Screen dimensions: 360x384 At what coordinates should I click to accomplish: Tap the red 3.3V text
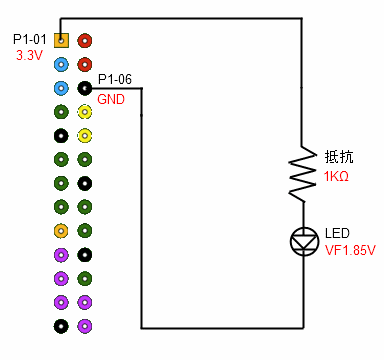(x=29, y=56)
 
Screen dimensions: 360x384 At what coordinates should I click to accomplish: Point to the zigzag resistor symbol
(x=302, y=169)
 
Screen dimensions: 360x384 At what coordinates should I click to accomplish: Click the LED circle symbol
(x=302, y=240)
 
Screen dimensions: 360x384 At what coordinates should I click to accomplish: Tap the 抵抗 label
(x=338, y=158)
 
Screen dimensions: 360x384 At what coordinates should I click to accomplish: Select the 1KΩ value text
(x=336, y=176)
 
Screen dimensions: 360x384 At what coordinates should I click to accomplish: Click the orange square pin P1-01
(x=61, y=41)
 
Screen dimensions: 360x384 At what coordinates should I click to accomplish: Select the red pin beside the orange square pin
(x=85, y=41)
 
